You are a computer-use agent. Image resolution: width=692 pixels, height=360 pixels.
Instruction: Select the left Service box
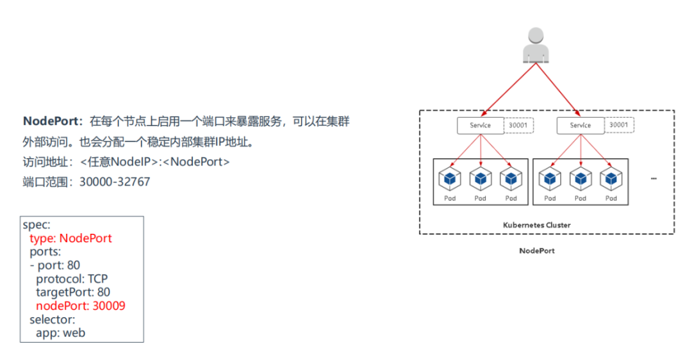480,126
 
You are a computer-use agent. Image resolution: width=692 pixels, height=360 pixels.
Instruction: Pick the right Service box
580,126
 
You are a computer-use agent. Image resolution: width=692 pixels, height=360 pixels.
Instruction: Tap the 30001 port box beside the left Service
518,126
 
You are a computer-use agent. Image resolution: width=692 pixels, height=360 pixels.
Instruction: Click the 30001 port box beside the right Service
618,126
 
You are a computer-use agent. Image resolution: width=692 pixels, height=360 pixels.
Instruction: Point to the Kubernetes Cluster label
536,225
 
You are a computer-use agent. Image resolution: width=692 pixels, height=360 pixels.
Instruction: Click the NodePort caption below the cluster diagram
536,250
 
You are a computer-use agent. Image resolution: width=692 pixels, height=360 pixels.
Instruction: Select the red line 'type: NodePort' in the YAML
70,238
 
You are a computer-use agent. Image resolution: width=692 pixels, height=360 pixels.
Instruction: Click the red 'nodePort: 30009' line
80,306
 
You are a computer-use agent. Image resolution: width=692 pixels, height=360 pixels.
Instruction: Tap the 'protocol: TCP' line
72,279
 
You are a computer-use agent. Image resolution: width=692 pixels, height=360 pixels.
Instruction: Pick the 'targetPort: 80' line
73,292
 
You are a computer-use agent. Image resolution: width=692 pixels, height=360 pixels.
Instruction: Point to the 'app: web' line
60,332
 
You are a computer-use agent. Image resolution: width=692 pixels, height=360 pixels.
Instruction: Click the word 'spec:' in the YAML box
37,225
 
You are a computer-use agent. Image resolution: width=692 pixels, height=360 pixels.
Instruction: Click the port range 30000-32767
115,182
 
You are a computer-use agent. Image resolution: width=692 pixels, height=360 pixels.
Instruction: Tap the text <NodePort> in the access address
196,162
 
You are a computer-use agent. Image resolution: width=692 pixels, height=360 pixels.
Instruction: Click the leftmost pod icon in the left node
450,179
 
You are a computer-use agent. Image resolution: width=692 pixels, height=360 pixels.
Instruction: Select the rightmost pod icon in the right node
611,179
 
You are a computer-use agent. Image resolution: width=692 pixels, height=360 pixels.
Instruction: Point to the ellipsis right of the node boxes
654,179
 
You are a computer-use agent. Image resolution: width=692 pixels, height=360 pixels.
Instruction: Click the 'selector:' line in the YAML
52,319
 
